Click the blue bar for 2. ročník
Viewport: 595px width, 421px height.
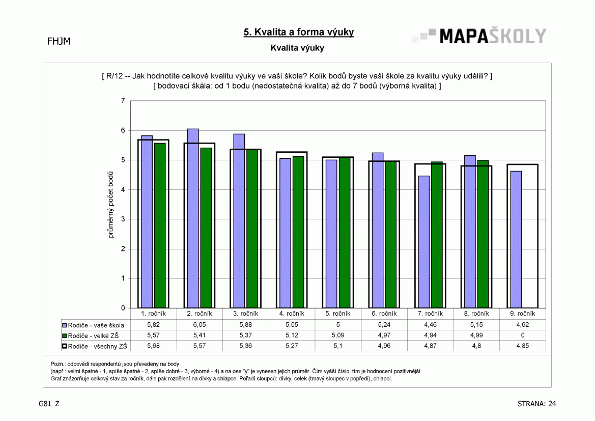coord(193,218)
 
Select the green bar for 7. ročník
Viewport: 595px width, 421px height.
coord(437,235)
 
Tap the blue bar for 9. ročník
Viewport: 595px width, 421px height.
coord(516,240)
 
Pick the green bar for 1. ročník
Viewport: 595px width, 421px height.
coord(160,226)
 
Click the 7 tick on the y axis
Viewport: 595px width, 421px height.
coord(123,101)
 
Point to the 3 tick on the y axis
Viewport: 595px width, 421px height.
coord(123,219)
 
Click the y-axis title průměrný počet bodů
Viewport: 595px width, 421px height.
coord(110,205)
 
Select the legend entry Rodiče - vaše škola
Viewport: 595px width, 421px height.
coord(93,325)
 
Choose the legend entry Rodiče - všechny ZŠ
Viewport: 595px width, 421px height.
coord(95,346)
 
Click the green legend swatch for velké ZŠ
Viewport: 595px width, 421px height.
coord(65,336)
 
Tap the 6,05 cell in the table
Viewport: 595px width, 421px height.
coord(200,325)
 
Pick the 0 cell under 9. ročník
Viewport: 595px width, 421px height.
coord(523,335)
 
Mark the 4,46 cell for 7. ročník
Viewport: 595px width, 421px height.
coord(430,325)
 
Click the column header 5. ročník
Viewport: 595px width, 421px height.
coord(338,314)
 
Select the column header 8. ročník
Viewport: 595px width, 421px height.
coord(476,314)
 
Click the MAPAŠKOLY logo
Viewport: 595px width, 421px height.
coord(479,36)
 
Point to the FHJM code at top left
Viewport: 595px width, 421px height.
coord(59,41)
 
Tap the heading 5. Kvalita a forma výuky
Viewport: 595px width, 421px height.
coord(299,32)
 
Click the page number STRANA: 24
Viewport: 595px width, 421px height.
coord(536,404)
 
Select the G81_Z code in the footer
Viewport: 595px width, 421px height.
coord(49,404)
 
